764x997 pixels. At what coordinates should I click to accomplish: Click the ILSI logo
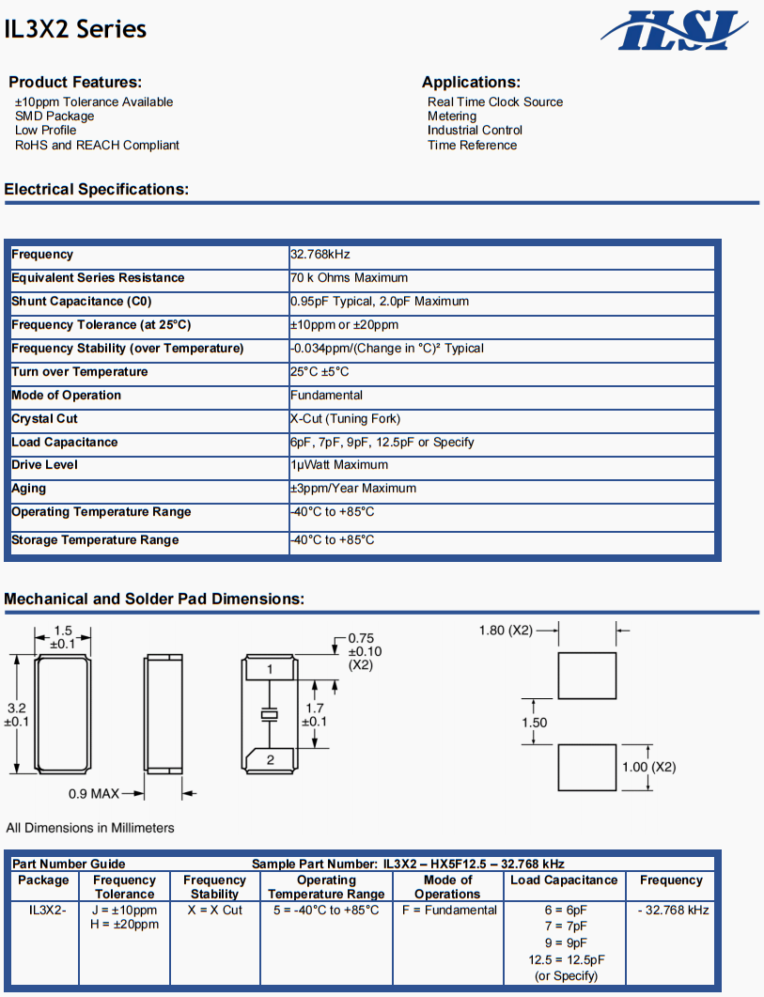tap(674, 30)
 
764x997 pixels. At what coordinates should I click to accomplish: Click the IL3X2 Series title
tap(75, 29)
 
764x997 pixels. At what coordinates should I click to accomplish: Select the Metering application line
tap(452, 117)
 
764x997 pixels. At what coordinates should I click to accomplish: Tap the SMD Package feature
tap(55, 117)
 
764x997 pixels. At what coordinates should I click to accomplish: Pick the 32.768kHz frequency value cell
tap(320, 255)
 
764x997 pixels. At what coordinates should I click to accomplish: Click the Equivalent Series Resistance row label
tap(98, 278)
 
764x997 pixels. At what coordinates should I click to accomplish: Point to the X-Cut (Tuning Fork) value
tap(345, 419)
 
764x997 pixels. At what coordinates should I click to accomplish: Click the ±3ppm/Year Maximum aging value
tap(353, 489)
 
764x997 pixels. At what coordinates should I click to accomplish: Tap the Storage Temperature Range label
tap(95, 540)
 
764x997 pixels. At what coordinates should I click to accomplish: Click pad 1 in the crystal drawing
tap(270, 669)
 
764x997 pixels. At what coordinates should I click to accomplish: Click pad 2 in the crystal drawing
tap(270, 759)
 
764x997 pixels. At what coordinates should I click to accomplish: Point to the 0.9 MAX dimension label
tap(94, 794)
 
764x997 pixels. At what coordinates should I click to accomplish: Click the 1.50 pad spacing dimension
tap(534, 723)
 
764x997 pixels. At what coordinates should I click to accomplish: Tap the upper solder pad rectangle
tap(586, 676)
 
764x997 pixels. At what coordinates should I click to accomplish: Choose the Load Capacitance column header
tap(564, 880)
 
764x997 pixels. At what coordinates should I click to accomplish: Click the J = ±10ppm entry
tap(124, 911)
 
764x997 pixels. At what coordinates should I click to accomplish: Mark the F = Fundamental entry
tap(449, 911)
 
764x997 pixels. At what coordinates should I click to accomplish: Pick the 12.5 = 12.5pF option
tap(567, 959)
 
